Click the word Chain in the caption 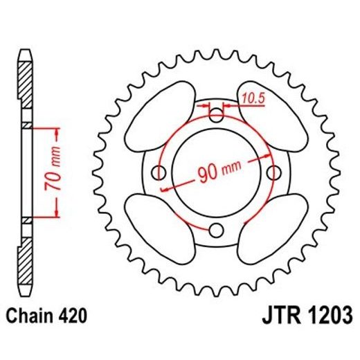[x=31, y=317]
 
